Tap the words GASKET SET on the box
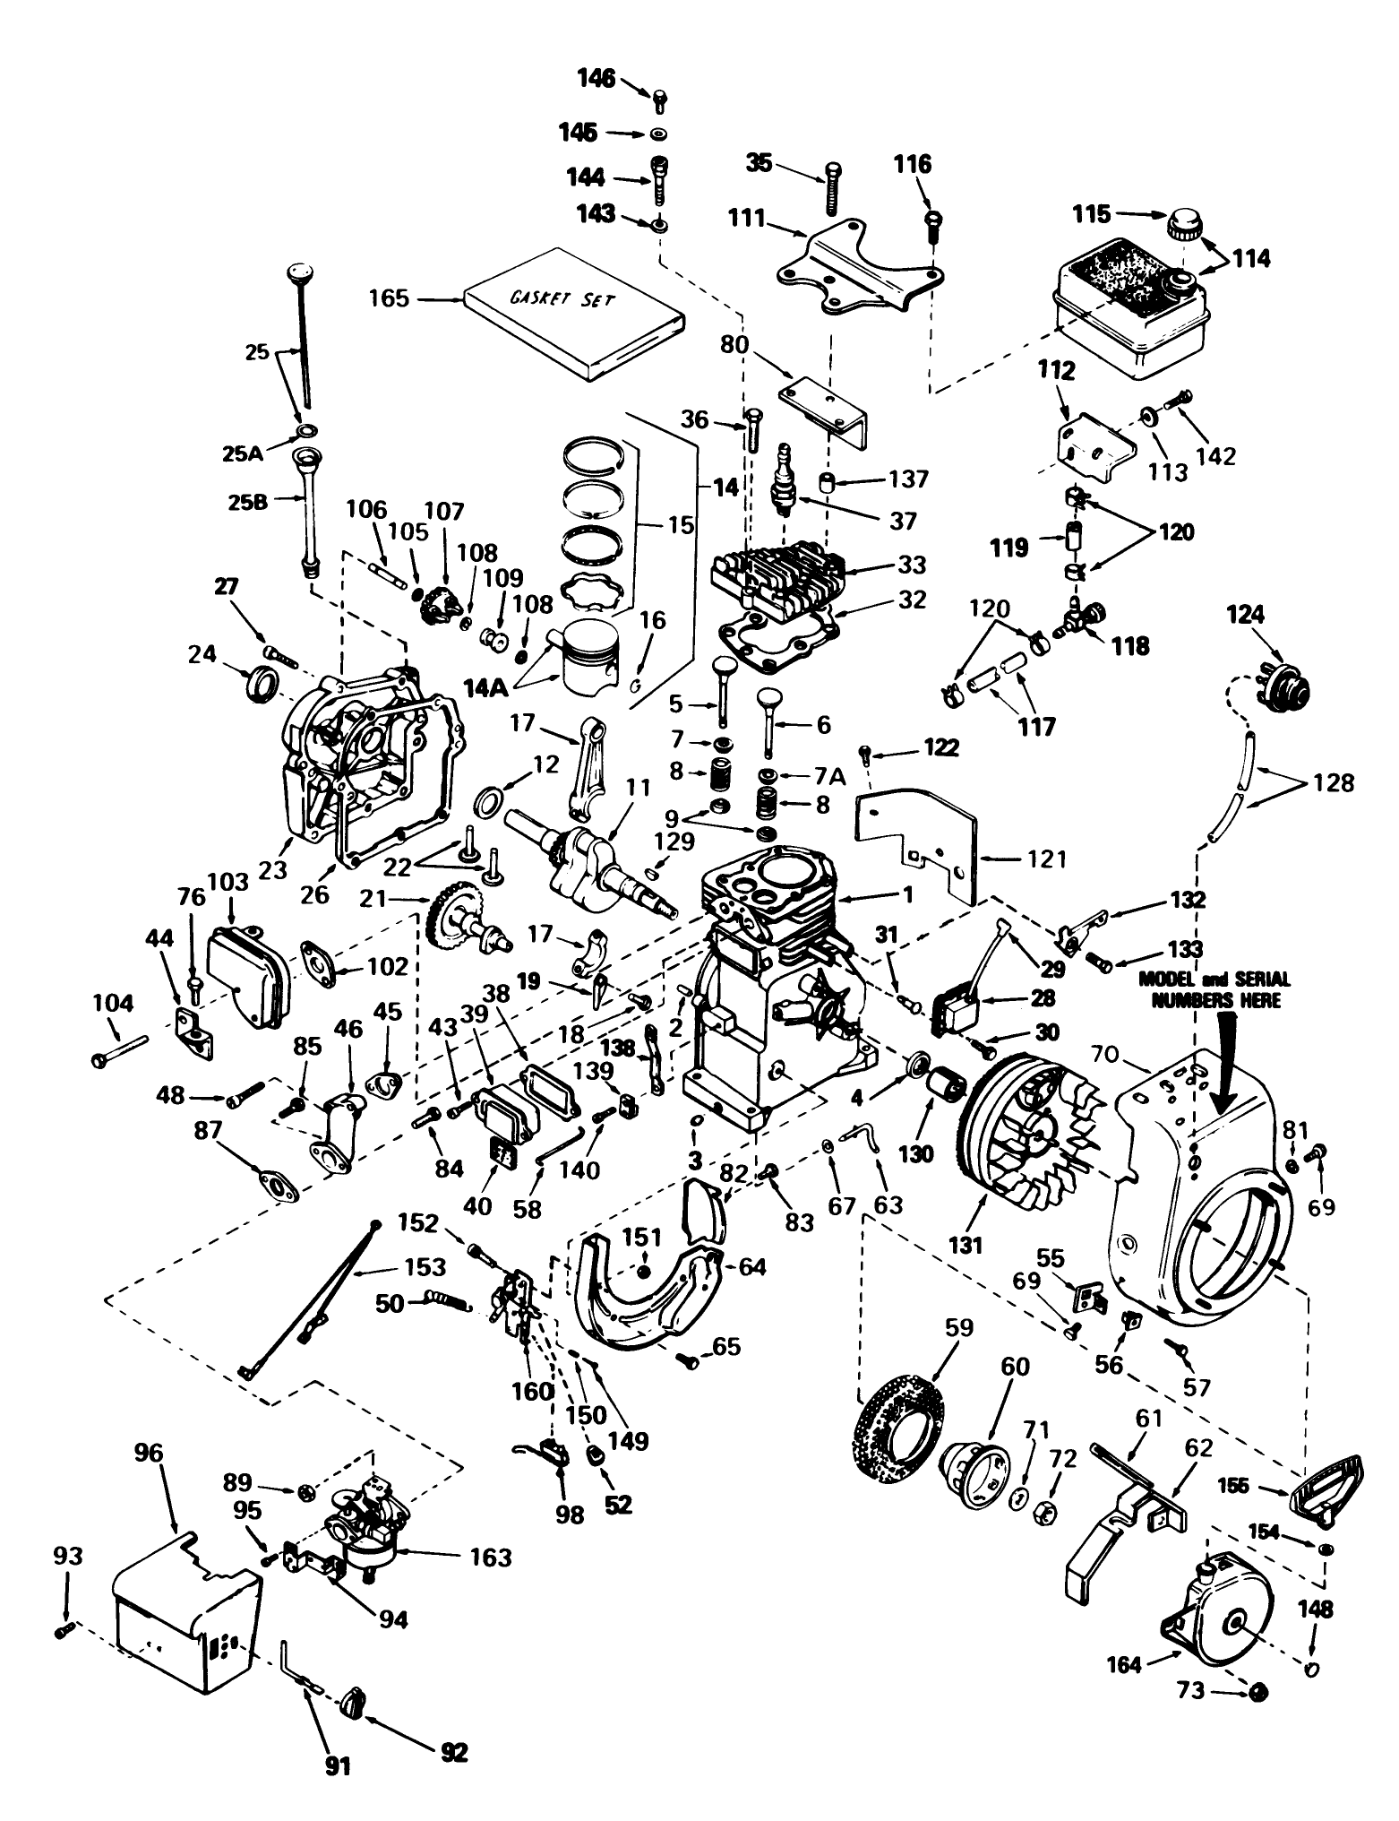pos(562,298)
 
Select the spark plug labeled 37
pos(786,478)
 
